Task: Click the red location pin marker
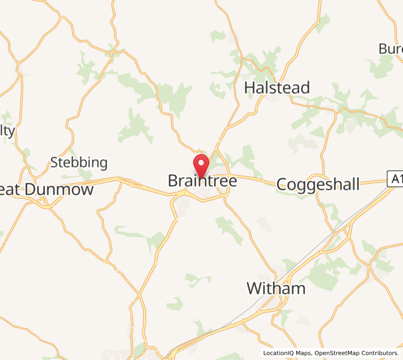(200, 164)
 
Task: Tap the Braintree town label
(202, 181)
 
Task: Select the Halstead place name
(276, 88)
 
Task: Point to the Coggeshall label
(318, 185)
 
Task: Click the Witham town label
(276, 289)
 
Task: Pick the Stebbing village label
(79, 162)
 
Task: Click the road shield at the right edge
(395, 179)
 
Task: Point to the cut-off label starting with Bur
(390, 49)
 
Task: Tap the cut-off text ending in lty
(7, 131)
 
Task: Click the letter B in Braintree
(173, 181)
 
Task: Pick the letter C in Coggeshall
(282, 185)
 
